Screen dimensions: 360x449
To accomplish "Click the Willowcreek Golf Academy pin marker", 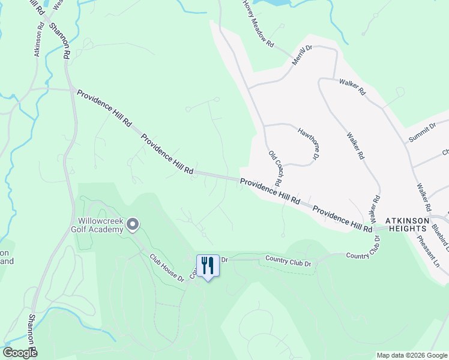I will point(133,225).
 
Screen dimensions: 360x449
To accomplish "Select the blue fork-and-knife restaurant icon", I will point(208,265).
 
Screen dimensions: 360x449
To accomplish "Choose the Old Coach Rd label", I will point(276,168).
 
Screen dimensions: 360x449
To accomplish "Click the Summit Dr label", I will point(422,133).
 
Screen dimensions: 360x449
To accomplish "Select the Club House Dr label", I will point(166,266).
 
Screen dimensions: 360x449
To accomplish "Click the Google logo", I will point(20,353).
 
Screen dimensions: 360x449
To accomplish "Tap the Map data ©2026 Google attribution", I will point(412,355).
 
